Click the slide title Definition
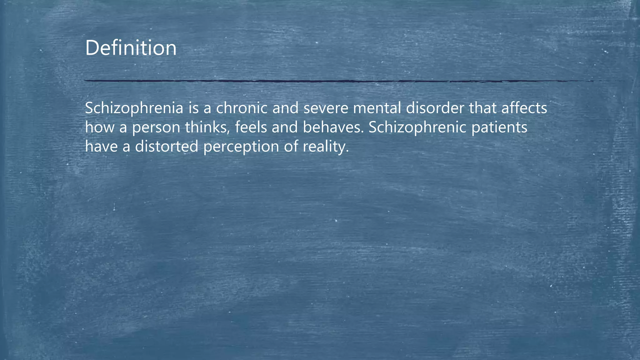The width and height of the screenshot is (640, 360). [131, 48]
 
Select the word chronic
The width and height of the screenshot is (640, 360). [242, 108]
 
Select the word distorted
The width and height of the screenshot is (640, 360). [167, 146]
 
